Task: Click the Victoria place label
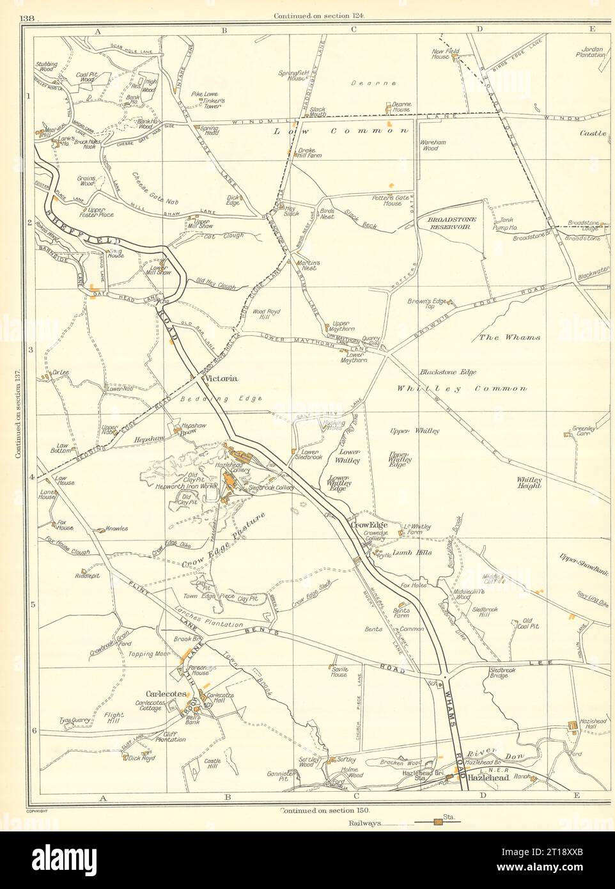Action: [x=221, y=379]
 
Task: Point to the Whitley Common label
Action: [x=462, y=388]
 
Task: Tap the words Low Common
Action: [x=341, y=130]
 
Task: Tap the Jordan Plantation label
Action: [x=593, y=52]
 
